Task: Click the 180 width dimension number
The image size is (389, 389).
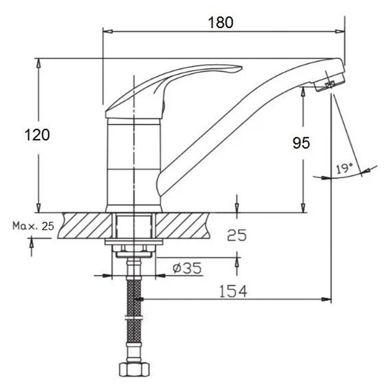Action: (x=220, y=22)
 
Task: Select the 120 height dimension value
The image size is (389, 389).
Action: (x=37, y=135)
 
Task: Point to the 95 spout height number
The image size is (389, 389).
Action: (x=301, y=143)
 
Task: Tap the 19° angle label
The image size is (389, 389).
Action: (x=344, y=169)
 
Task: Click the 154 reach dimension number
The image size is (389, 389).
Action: (x=233, y=291)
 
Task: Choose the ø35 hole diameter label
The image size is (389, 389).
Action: (x=187, y=268)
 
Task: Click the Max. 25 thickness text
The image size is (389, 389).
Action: (x=33, y=226)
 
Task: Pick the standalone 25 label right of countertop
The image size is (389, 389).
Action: (x=237, y=235)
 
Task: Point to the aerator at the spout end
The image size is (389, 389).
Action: (x=329, y=82)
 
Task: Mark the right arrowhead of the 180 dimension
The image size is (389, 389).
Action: (x=340, y=32)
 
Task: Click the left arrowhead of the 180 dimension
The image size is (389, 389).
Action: (x=108, y=32)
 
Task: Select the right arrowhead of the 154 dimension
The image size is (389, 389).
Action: (x=326, y=300)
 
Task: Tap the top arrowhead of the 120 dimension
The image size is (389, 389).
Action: (x=38, y=64)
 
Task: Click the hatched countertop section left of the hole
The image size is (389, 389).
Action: (x=85, y=225)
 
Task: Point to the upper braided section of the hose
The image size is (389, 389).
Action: (x=134, y=297)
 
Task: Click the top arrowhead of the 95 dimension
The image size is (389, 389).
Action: (x=303, y=92)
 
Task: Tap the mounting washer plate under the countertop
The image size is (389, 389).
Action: (x=134, y=242)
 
